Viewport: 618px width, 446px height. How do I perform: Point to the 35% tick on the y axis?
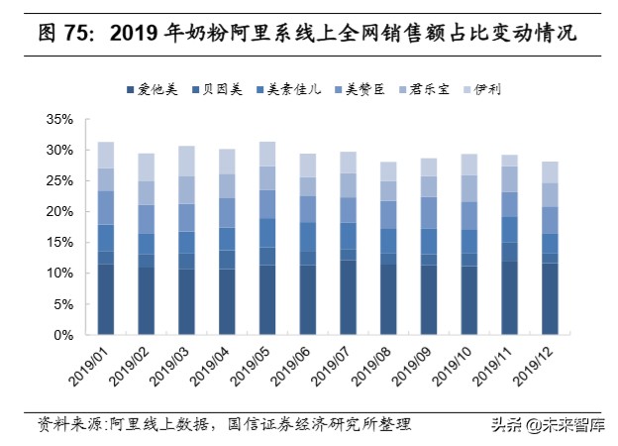[x=58, y=120]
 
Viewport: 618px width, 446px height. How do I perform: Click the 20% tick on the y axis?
[x=58, y=212]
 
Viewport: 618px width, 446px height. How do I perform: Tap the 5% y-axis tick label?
[x=61, y=304]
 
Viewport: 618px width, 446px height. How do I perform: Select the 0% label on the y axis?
[x=61, y=335]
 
